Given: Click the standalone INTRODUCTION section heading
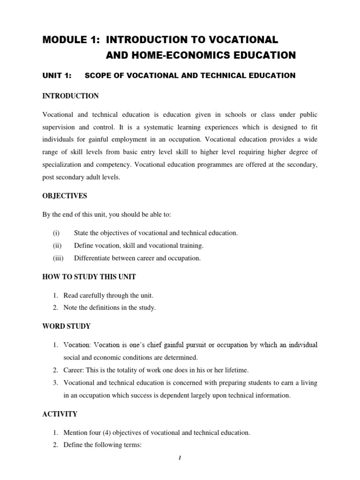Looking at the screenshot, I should click(x=70, y=96).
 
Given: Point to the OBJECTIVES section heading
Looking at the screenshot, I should click(x=65, y=195).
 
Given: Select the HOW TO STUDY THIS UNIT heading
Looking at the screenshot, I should click(x=89, y=277).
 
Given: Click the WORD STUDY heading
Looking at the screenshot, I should click(x=67, y=326).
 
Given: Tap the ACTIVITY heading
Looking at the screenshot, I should click(x=60, y=414).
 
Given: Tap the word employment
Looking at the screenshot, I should click(x=136, y=140).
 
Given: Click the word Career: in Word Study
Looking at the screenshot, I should click(x=75, y=370).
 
